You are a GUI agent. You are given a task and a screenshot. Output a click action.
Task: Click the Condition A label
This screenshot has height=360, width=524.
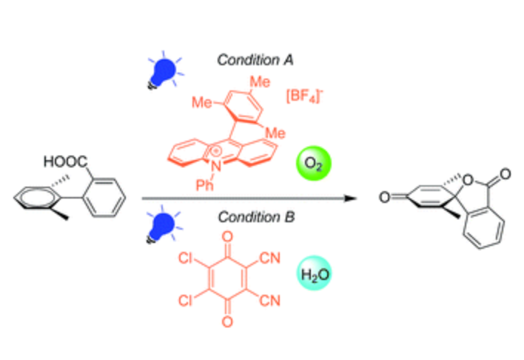click(x=255, y=60)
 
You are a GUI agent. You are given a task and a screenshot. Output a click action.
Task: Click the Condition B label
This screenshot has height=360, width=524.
click(x=257, y=217)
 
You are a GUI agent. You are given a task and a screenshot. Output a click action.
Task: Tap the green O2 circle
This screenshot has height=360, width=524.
click(x=314, y=163)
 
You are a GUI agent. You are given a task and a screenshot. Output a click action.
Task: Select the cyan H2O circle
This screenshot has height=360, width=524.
click(x=315, y=273)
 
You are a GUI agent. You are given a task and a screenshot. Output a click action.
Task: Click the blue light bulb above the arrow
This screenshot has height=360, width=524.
click(x=164, y=71)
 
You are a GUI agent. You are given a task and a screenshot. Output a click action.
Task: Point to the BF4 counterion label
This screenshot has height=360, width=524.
click(x=304, y=96)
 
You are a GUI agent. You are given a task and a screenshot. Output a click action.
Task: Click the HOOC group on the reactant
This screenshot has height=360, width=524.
click(x=65, y=161)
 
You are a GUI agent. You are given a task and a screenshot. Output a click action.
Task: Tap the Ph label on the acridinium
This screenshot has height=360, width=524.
click(x=204, y=185)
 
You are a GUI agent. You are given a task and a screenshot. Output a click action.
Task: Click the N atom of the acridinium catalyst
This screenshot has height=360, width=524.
click(x=217, y=166)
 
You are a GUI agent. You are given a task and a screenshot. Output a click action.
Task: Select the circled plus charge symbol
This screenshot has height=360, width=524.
click(x=216, y=152)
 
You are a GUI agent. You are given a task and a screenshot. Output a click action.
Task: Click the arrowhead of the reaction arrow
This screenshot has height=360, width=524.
click(x=350, y=199)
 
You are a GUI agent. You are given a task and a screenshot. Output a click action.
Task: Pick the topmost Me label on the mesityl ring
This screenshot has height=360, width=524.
click(x=260, y=82)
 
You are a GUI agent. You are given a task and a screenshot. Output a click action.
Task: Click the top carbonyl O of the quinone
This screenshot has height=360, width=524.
click(x=227, y=237)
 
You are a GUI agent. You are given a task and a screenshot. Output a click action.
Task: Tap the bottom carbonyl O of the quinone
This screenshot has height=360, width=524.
click(x=227, y=321)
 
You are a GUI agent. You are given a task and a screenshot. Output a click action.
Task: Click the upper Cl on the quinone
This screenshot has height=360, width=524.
click(x=185, y=258)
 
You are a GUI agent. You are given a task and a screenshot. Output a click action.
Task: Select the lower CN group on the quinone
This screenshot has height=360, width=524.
click(x=270, y=301)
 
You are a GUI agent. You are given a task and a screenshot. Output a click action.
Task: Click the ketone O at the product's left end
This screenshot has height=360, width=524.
click(x=385, y=197)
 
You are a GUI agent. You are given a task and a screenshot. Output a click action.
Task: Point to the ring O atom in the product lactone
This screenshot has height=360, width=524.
click(x=468, y=180)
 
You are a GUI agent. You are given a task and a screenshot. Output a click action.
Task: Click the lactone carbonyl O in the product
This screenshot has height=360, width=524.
click(x=505, y=173)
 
